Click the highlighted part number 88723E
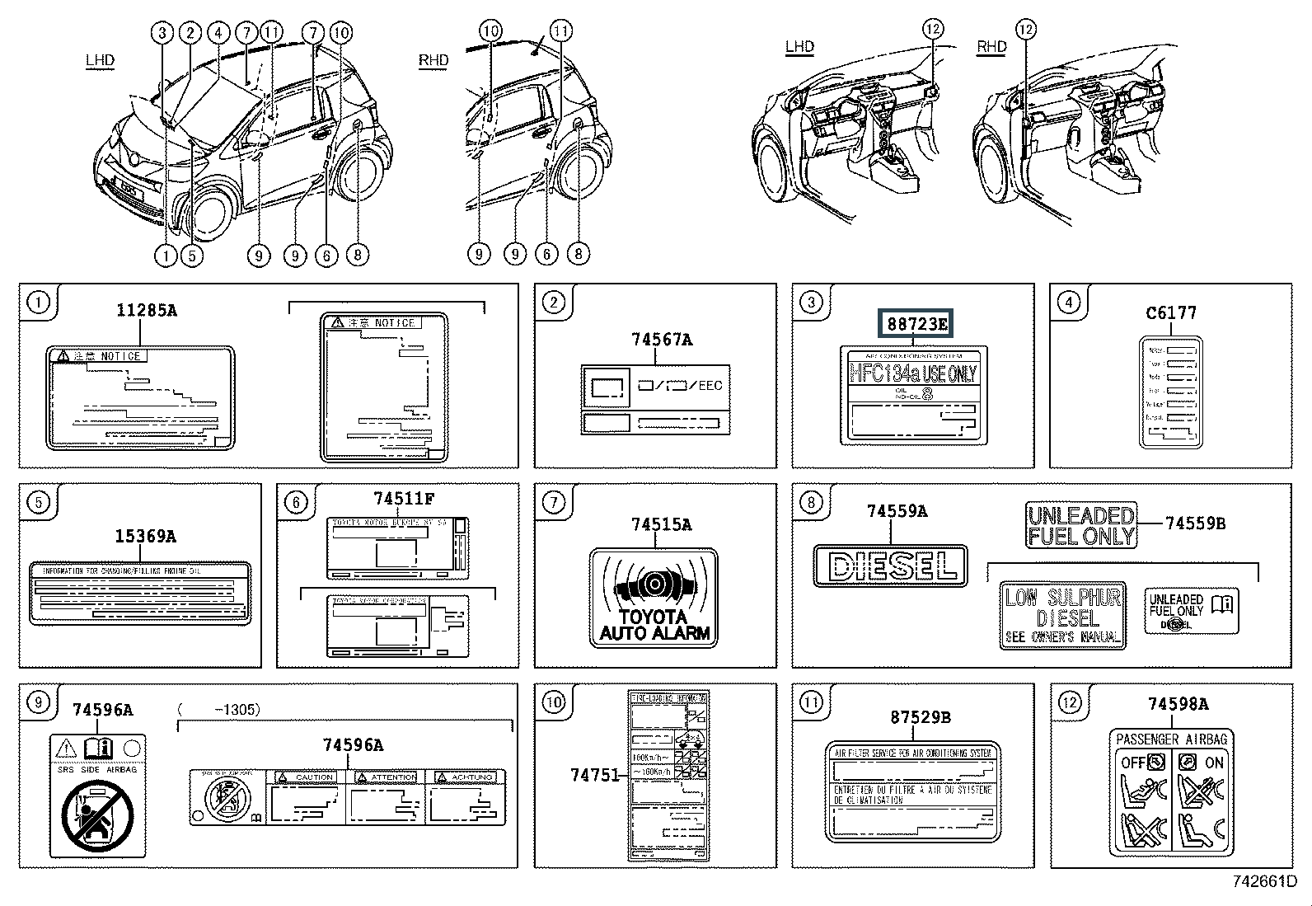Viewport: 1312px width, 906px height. (916, 324)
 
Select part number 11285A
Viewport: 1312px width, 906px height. (146, 310)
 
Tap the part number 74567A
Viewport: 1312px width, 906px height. (662, 339)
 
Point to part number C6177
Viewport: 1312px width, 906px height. (1170, 312)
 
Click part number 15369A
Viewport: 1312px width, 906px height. (145, 537)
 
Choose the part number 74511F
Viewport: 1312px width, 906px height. (403, 499)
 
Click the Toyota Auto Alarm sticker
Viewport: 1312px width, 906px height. (654, 598)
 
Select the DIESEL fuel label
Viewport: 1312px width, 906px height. (890, 566)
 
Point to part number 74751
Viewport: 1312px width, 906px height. (593, 774)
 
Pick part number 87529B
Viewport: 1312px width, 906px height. (920, 717)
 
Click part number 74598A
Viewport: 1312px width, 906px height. (1178, 703)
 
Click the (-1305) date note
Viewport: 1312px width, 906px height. (218, 709)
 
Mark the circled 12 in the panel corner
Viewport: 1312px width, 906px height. (1069, 702)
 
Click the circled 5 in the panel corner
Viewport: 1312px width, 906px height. (38, 502)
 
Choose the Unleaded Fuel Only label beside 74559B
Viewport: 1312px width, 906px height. (1080, 525)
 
